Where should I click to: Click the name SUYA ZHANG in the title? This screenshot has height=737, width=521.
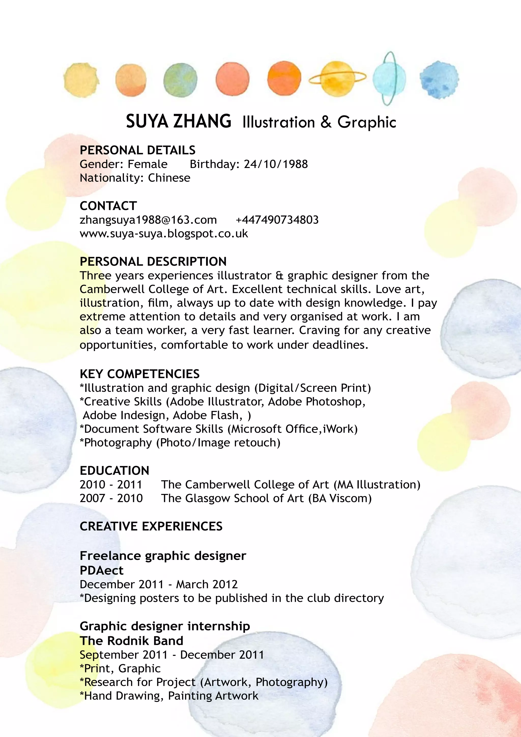pos(178,121)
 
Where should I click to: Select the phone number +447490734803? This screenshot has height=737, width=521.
pos(277,220)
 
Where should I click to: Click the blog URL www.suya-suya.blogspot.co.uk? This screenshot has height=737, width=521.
pos(164,234)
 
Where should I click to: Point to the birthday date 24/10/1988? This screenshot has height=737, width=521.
pos(276,164)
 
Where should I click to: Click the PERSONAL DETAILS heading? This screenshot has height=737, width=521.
pos(137,150)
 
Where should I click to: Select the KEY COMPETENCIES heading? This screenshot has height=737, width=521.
pos(140,374)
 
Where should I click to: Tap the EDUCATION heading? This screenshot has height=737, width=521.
pos(114,471)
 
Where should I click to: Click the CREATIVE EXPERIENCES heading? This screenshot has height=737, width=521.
pos(151,527)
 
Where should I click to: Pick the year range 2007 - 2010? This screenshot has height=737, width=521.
pos(111,498)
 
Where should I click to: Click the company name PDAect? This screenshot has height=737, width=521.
pos(102,570)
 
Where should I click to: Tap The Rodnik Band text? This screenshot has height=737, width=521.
pos(131,641)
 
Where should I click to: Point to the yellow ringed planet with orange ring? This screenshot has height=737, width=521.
pos(337,79)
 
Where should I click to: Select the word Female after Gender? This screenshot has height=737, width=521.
pos(147,164)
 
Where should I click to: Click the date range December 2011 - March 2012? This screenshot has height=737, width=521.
pos(158,584)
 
